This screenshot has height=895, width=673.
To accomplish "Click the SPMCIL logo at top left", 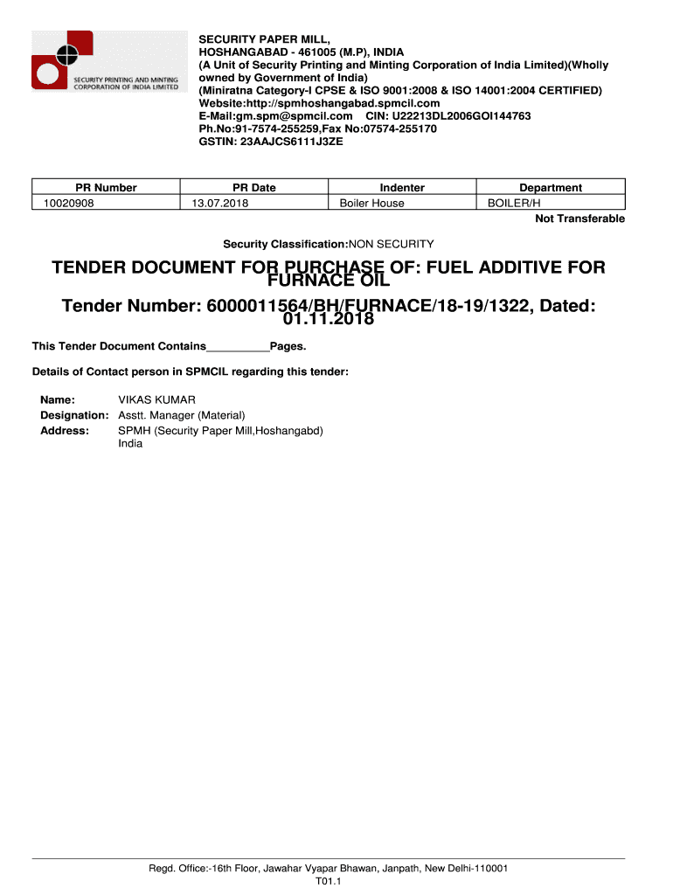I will click(106, 60).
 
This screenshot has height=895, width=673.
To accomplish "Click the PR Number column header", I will click(106, 187).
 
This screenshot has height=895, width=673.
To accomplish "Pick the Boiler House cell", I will click(371, 203).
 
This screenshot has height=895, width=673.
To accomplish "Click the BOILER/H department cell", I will click(514, 203).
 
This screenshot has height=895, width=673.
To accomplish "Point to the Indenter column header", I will click(402, 187).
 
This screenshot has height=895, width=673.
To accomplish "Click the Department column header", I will click(551, 187).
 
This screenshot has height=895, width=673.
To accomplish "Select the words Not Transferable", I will click(579, 219).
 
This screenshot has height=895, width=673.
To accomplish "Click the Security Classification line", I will click(328, 244).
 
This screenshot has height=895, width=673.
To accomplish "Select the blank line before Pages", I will click(238, 347).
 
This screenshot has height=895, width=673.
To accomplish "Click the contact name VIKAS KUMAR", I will click(157, 400).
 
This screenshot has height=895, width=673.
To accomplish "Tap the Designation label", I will click(74, 415).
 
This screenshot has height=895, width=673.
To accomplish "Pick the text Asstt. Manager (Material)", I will click(182, 415).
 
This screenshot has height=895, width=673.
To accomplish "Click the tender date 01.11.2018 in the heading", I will click(329, 319).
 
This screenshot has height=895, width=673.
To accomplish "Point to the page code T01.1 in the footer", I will click(328, 882).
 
